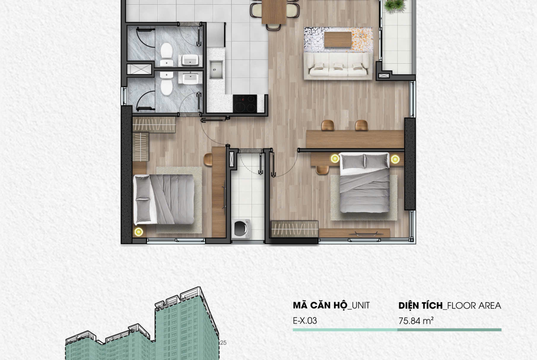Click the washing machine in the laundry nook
tap(241, 229)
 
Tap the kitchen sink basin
tap(216, 69)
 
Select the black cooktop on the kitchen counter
tap(245, 104)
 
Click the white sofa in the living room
tap(338, 66)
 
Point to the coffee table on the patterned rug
tap(338, 39)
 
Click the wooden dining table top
tap(274, 11)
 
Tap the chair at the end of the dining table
tap(274, 27)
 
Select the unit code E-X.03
tap(305, 321)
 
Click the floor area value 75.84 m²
tap(416, 321)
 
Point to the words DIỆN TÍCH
tap(420, 305)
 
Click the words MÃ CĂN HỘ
tap(320, 305)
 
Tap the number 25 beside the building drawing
tap(224, 343)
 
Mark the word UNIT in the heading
tap(361, 305)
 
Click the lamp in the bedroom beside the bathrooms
tap(138, 232)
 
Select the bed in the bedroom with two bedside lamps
tap(364, 182)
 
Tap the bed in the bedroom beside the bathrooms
tap(164, 199)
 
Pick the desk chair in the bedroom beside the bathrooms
tap(208, 160)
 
